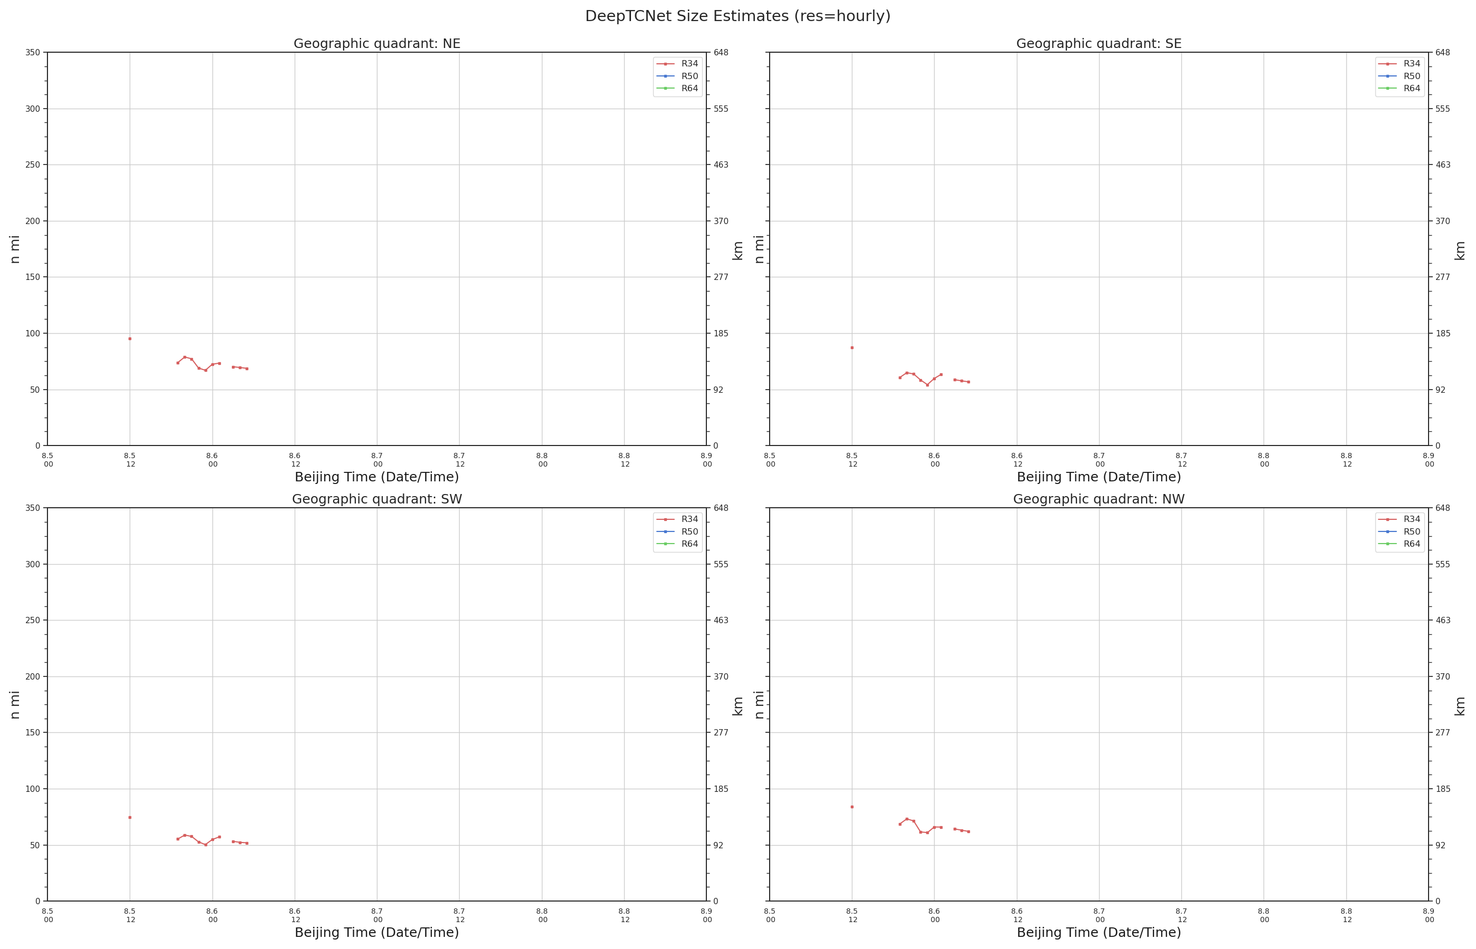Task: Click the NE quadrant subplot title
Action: point(376,44)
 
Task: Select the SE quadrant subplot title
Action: point(1099,44)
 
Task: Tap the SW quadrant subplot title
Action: point(376,499)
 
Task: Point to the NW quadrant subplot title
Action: point(1099,499)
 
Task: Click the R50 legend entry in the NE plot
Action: point(677,76)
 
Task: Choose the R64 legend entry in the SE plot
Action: point(1399,89)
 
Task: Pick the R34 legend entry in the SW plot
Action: point(677,519)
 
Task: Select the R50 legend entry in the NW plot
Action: point(1399,532)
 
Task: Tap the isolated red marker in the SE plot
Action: point(852,347)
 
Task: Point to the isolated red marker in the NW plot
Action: point(852,807)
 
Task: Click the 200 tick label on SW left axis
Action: point(33,676)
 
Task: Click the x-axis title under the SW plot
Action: point(376,932)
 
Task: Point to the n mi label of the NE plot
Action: point(15,249)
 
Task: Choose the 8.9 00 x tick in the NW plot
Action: point(1429,915)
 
